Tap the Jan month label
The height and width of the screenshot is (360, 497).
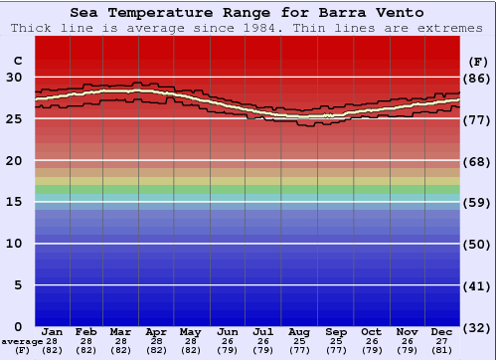(x=53, y=331)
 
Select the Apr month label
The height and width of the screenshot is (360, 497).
(x=156, y=331)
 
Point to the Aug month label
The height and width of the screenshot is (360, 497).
(x=299, y=331)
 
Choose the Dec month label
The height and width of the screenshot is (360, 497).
(x=442, y=331)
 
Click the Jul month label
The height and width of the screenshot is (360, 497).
(x=263, y=331)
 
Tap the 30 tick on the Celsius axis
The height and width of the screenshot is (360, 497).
(x=15, y=78)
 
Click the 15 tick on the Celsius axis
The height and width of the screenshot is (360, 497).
(x=15, y=202)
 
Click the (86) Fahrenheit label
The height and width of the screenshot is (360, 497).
(x=478, y=78)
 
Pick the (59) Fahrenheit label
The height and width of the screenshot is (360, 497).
(x=478, y=202)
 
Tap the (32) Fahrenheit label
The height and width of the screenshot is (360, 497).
(x=478, y=327)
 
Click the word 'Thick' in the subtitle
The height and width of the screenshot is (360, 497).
(x=31, y=28)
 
